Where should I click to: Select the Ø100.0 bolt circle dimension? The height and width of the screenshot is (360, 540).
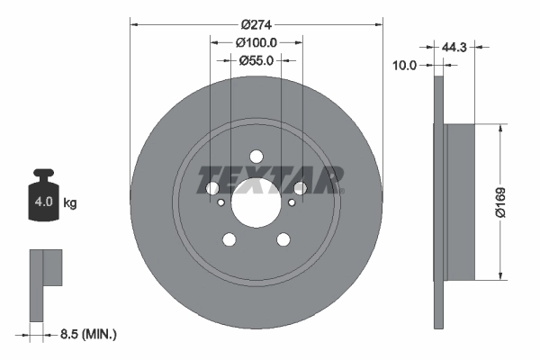256,41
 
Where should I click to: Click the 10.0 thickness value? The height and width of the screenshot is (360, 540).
408,65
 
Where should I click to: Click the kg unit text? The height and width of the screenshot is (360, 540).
70,203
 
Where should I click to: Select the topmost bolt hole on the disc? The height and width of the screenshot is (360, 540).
256,155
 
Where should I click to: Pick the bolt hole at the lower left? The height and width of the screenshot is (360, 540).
228,239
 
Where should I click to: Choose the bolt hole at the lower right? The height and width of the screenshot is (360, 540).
283,239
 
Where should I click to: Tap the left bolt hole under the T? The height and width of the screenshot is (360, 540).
211,187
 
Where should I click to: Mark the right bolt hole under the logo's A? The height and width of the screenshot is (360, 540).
300,187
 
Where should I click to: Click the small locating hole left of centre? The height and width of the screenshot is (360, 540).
220,202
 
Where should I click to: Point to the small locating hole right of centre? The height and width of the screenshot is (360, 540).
291,202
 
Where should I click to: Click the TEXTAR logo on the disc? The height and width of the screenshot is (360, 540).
270,180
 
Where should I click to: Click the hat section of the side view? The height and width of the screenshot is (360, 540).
460,202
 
